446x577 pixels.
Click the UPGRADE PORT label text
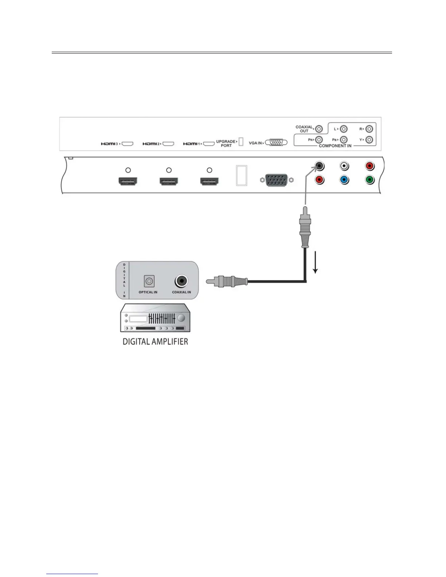[226, 144]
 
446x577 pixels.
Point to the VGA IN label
[255, 143]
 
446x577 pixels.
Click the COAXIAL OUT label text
[304, 129]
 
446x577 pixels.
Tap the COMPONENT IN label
[335, 146]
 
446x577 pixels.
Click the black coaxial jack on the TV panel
[320, 166]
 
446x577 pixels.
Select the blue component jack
[344, 180]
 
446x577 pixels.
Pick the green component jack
[369, 180]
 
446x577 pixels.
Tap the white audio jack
[344, 166]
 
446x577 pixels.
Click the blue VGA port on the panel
[277, 180]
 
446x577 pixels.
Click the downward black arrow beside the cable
[316, 261]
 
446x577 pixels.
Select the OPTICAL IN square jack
[149, 281]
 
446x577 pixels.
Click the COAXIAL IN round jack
[181, 281]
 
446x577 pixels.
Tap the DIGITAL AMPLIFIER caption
[155, 342]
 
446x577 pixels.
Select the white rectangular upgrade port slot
[241, 175]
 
